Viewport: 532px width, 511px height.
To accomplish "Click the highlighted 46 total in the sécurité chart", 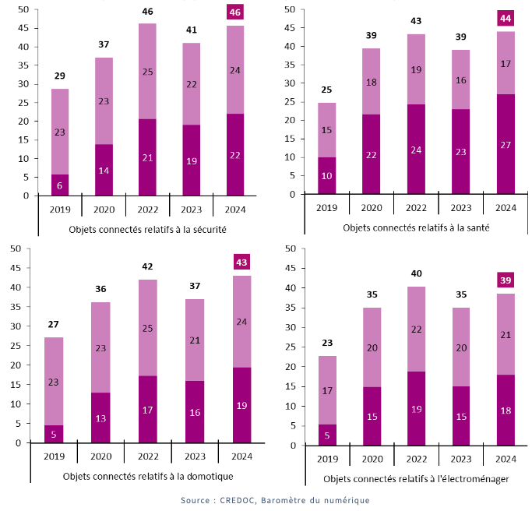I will click(x=234, y=12).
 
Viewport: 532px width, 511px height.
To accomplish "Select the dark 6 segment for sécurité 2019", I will click(x=60, y=185).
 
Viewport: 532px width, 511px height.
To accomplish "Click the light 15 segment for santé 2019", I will click(x=327, y=130).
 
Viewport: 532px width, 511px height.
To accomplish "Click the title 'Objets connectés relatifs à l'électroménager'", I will click(x=416, y=479).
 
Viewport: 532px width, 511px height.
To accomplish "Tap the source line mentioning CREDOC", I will click(x=275, y=500).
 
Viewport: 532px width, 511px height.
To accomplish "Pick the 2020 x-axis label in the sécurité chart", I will click(x=104, y=209).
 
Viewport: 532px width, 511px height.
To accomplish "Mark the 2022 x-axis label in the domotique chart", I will click(x=147, y=456).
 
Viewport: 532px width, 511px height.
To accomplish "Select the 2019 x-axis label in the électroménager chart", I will click(x=327, y=459).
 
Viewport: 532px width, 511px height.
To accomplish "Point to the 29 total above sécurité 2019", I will click(x=60, y=76).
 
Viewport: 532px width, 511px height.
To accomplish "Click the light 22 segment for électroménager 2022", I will click(x=416, y=330).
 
